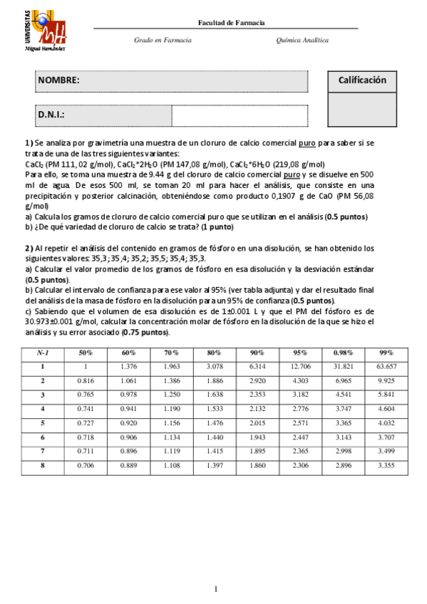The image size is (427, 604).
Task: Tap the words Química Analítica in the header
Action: [302, 41]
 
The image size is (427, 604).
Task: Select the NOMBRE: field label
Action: [59, 81]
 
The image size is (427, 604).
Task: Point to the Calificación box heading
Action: [362, 80]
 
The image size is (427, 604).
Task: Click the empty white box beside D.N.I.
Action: [239, 114]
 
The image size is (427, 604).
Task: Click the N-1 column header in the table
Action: [43, 353]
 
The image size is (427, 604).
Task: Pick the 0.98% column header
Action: [344, 353]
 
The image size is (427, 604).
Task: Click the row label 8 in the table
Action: [43, 464]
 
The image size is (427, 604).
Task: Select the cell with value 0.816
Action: [85, 380]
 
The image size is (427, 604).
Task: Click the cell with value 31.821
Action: [344, 366]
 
